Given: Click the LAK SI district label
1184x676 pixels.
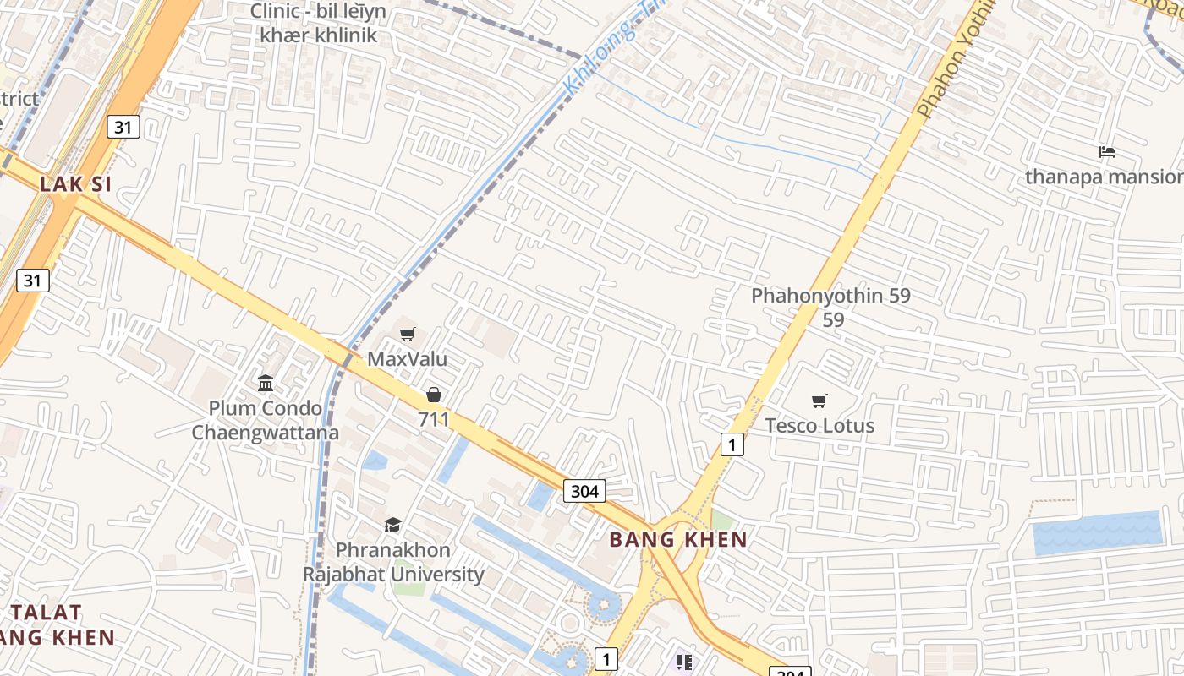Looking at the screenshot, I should (75, 184).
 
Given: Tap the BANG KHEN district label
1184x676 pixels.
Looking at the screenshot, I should (678, 539).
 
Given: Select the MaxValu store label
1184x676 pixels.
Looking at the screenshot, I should (407, 359).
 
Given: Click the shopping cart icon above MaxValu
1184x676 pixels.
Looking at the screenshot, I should (408, 335).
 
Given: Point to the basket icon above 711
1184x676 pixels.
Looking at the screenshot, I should (434, 395).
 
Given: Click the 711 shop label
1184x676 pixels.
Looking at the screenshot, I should (434, 419).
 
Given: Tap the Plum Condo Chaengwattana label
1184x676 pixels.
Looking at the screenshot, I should (265, 421).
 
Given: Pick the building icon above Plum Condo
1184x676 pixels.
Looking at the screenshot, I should (266, 384).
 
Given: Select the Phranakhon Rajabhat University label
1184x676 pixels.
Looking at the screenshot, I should (393, 563).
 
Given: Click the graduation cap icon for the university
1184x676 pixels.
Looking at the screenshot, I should (392, 526).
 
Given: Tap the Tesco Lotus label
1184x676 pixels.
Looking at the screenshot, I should (819, 425).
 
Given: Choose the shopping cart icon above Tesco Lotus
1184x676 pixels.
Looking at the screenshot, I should (819, 401).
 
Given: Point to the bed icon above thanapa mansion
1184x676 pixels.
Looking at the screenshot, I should (1107, 152).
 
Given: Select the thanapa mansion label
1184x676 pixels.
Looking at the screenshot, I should (1104, 177).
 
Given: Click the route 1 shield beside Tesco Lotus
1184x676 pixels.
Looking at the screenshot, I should (732, 444).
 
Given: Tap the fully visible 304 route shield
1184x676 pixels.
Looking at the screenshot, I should (584, 491).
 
